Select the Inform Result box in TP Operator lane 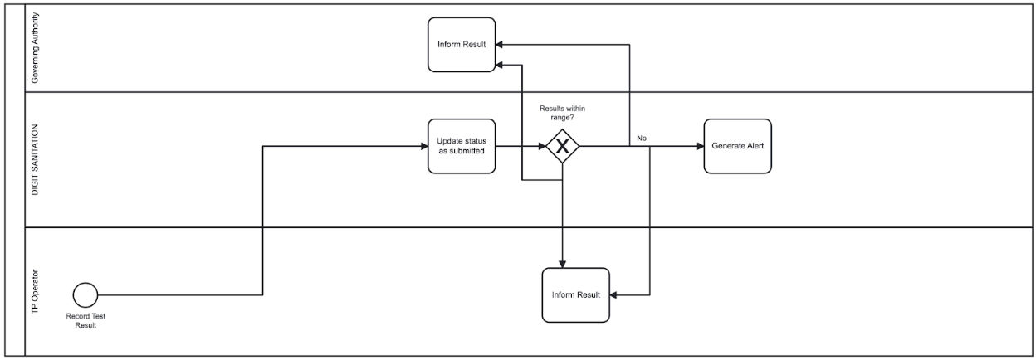[575, 294]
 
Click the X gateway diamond [562, 147]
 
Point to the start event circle [86, 294]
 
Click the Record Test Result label [86, 320]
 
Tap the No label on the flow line [642, 139]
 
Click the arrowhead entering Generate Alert [699, 147]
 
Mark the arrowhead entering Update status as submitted [423, 147]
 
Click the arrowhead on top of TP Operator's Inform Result [563, 264]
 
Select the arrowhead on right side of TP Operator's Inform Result [615, 294]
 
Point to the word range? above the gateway [562, 118]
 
